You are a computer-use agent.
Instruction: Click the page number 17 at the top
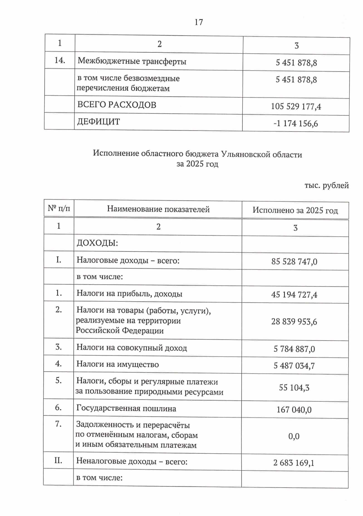click(x=199, y=22)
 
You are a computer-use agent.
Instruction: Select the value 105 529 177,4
click(x=296, y=106)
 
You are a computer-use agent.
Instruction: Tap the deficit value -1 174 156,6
click(x=296, y=123)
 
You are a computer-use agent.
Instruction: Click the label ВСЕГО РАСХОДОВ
click(x=117, y=105)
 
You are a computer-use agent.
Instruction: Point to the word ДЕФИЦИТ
click(x=99, y=122)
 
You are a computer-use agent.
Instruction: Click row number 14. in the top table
click(x=60, y=60)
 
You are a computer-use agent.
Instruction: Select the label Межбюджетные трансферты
click(x=132, y=61)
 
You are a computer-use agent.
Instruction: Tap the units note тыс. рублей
click(x=326, y=185)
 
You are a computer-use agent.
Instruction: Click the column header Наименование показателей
click(x=158, y=209)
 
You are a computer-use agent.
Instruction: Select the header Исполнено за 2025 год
click(x=295, y=210)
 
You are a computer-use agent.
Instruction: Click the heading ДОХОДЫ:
click(x=97, y=243)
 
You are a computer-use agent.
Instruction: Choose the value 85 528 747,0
click(x=294, y=261)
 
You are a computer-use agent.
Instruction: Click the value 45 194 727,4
click(x=294, y=295)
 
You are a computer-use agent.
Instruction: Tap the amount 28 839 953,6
click(x=294, y=321)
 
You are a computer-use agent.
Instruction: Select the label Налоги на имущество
click(x=117, y=364)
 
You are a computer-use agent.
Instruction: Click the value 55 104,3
click(x=294, y=388)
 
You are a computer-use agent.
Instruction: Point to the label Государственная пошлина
click(x=126, y=408)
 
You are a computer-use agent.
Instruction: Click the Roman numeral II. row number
click(x=58, y=461)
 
